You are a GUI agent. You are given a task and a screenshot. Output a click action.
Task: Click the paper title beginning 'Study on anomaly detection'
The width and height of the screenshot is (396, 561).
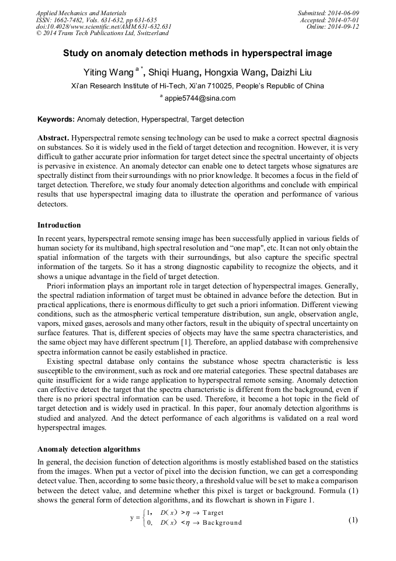pos(197,53)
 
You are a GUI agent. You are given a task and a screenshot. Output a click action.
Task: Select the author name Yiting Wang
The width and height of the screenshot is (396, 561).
pos(109,73)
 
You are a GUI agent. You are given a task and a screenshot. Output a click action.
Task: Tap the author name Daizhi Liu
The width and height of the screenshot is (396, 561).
pos(291,73)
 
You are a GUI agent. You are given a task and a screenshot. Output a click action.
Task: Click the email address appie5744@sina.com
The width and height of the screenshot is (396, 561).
pos(200,98)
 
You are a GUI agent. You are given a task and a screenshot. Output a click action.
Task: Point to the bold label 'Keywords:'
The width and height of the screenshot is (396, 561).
pos(56,119)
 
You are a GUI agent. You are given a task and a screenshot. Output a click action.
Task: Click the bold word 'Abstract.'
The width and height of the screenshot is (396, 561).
pos(54,136)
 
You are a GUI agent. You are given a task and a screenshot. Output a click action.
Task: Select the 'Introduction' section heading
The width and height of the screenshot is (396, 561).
pos(59,225)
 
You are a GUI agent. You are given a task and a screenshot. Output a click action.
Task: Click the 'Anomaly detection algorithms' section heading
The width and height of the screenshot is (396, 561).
pos(89,450)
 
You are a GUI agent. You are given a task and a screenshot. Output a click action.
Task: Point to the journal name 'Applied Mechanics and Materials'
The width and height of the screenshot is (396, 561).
pos(81,13)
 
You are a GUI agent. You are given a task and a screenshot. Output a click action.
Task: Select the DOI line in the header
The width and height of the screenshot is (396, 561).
pos(103,27)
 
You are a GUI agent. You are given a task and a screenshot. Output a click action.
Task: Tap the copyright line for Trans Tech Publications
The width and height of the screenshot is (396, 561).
pos(98,33)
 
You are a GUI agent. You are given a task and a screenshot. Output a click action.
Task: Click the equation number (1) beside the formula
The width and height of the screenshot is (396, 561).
pos(352,519)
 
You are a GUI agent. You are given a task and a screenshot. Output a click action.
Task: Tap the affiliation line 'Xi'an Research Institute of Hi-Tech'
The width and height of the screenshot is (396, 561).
pos(197,86)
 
